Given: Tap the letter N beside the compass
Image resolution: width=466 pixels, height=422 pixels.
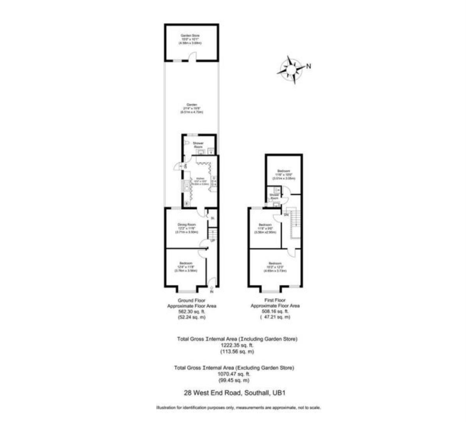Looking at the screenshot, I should click(308, 66).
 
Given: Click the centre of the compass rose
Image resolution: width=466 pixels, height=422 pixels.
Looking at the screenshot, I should click(291, 70).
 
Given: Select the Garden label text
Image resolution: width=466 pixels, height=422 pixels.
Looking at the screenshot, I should click(191, 105).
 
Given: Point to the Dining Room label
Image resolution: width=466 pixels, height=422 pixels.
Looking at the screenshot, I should click(187, 225).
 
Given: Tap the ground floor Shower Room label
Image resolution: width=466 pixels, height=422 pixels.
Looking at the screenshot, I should click(198, 143).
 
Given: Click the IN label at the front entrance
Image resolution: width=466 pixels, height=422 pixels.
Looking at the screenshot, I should click(212, 292).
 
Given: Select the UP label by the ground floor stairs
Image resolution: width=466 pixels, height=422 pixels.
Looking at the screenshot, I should click(213, 241).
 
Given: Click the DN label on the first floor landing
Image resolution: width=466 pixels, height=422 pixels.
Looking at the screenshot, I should click(286, 215).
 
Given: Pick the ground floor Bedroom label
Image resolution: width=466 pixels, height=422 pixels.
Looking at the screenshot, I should click(186, 263).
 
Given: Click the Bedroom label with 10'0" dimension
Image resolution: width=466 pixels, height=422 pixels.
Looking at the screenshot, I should click(284, 171).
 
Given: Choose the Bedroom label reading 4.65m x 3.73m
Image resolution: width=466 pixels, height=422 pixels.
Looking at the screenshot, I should click(275, 263).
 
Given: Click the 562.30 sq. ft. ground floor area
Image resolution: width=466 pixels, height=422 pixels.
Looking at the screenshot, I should click(192, 312).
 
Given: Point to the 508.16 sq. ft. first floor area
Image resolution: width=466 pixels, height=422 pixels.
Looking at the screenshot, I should click(275, 312).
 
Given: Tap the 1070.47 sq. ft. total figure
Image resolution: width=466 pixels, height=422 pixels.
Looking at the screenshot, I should click(234, 374).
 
